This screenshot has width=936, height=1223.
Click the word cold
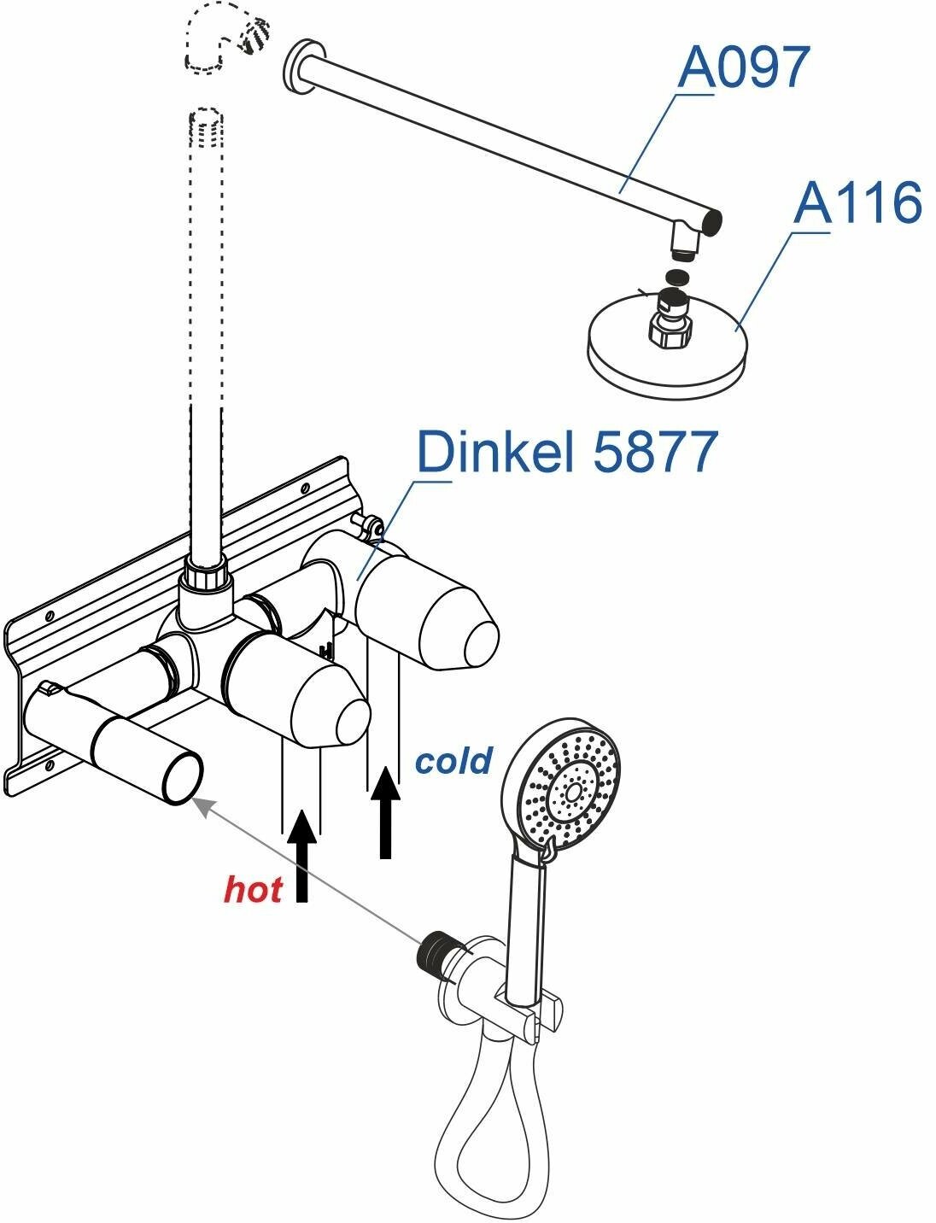click(453, 759)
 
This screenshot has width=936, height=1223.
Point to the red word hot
click(253, 889)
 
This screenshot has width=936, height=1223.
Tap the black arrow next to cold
click(386, 811)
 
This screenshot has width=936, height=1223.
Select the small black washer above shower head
click(676, 276)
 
